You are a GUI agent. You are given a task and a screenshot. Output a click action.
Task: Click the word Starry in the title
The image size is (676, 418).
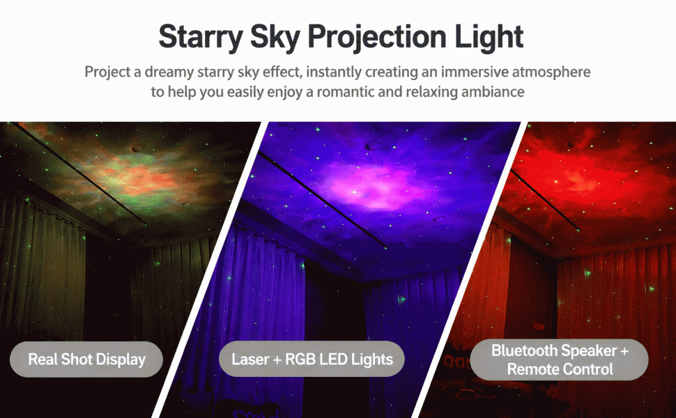click(x=201, y=38)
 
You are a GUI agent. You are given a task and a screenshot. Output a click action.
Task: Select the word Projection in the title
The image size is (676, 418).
click(x=377, y=38)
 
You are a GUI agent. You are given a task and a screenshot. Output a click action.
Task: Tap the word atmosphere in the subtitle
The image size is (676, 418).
click(x=551, y=72)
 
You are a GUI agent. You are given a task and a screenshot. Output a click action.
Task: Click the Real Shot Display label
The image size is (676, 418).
click(x=86, y=359)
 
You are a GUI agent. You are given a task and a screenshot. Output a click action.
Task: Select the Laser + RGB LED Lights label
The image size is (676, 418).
click(x=312, y=359)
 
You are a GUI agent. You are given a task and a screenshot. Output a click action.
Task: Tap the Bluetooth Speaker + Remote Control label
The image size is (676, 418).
click(x=559, y=359)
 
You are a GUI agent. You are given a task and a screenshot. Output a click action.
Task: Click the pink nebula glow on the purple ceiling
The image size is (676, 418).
click(x=371, y=185)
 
